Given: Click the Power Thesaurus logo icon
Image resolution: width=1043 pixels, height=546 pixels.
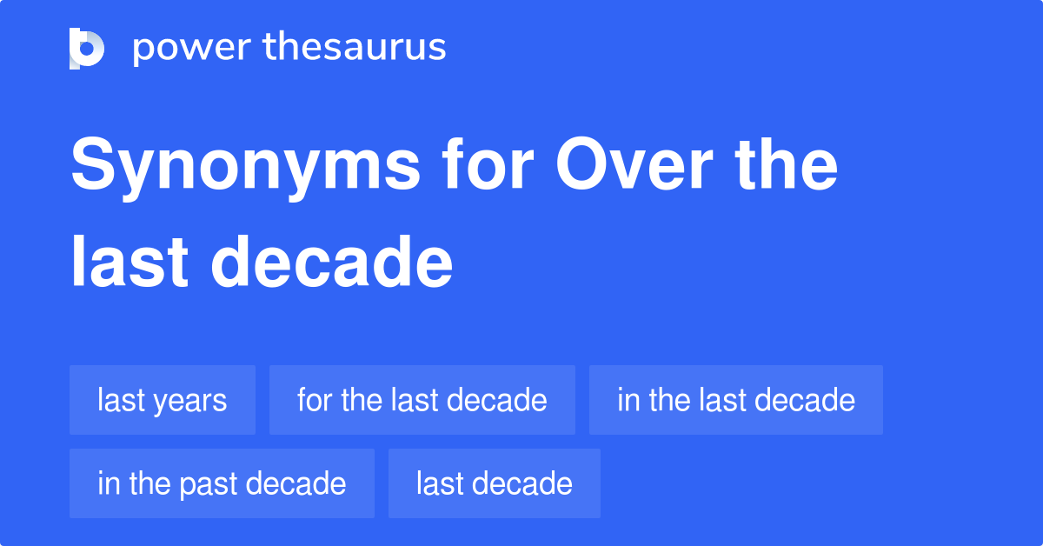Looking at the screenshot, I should pyautogui.click(x=87, y=48).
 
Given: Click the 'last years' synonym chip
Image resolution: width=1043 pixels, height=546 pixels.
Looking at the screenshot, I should pyautogui.click(x=162, y=400).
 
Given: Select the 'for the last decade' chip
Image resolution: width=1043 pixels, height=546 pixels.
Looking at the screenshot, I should pyautogui.click(x=422, y=400).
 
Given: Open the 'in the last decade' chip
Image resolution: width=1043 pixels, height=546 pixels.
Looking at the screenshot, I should pyautogui.click(x=735, y=400).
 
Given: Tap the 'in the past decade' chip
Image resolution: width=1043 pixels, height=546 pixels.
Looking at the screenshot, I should pyautogui.click(x=222, y=483).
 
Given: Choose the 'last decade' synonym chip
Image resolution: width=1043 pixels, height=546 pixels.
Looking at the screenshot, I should pyautogui.click(x=494, y=483).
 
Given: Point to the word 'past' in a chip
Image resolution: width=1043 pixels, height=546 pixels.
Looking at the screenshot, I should pyautogui.click(x=207, y=484).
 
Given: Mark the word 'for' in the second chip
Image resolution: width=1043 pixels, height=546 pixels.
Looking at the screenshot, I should pyautogui.click(x=314, y=400).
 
